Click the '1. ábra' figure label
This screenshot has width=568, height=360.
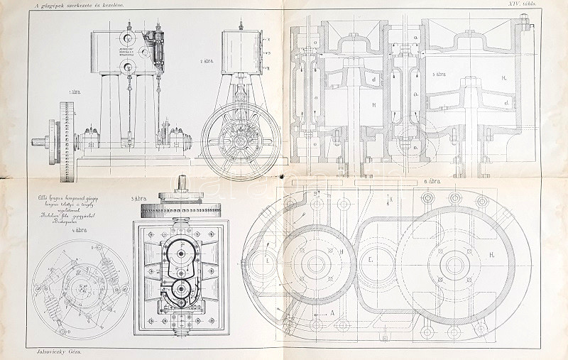coord(72,92)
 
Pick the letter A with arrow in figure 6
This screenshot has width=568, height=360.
coord(332,311)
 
